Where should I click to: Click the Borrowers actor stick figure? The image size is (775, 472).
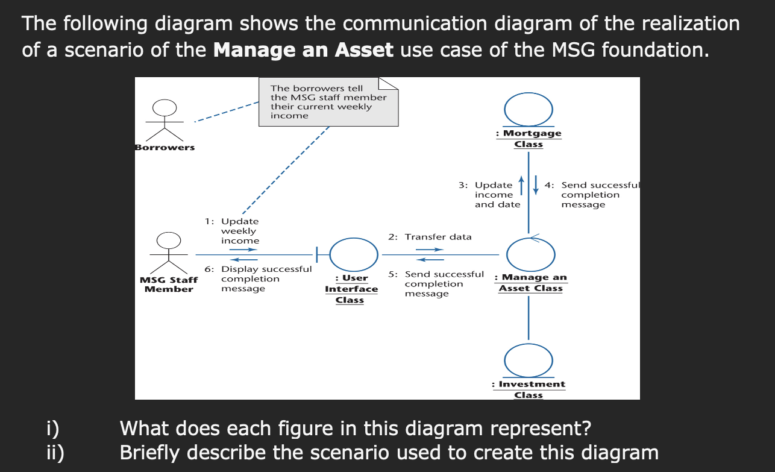click(164, 120)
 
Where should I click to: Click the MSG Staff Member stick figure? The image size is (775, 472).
click(169, 253)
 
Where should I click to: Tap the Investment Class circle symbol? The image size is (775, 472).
click(529, 360)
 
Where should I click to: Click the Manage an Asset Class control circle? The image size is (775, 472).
click(530, 255)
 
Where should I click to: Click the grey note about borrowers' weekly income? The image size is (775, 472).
click(328, 102)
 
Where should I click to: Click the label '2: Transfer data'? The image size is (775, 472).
click(430, 237)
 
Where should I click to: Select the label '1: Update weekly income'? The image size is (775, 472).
click(232, 231)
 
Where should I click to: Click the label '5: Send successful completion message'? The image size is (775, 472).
click(436, 283)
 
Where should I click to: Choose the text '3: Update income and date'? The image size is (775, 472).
click(489, 194)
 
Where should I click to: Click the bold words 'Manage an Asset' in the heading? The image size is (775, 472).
click(303, 49)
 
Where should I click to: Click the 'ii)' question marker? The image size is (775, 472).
click(55, 452)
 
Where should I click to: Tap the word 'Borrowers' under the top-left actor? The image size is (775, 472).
click(165, 148)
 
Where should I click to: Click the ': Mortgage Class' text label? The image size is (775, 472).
click(529, 139)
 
